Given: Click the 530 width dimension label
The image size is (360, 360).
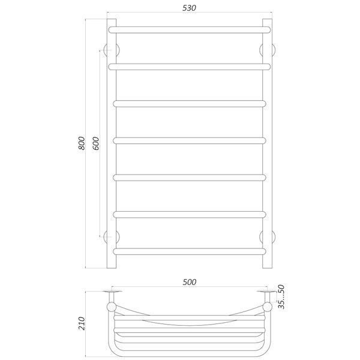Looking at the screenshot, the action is tap(189, 8).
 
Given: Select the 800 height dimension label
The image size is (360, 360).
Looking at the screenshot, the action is tap(82, 143).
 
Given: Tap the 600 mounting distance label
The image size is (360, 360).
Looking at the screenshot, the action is tap(96, 143).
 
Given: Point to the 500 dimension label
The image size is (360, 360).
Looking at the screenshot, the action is tap(190, 282).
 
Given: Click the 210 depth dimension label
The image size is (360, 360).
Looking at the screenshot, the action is tap(82, 323).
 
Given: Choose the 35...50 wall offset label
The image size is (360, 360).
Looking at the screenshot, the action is tap(281, 296).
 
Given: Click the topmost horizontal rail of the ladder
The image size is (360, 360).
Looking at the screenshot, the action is tap(190, 30).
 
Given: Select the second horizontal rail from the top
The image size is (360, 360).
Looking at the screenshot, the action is tap(190, 67).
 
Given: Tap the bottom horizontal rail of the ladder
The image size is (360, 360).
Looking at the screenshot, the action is tap(190, 251).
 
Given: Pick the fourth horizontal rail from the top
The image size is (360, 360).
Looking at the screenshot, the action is tap(190, 141).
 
